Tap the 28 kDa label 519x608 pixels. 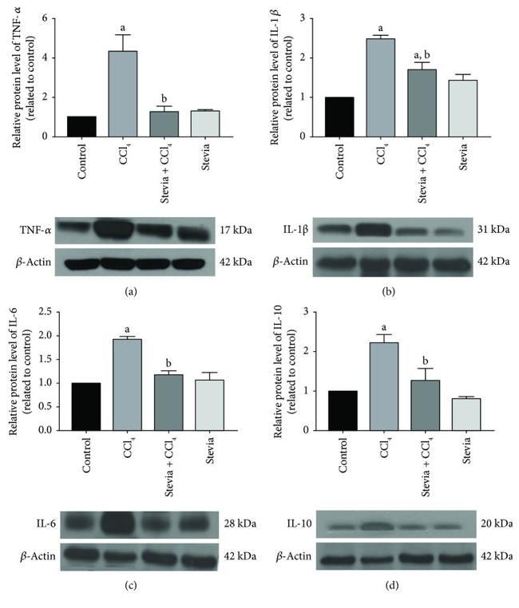[235, 523]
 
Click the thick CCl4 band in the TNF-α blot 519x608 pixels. [123, 230]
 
